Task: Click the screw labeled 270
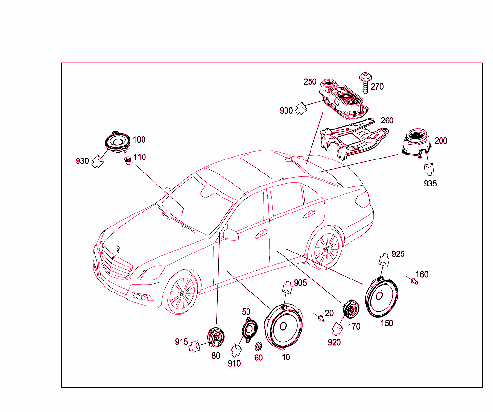365,82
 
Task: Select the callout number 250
310,82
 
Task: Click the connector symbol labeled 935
428,169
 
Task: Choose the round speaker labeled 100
117,142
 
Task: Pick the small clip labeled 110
128,160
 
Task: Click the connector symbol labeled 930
98,161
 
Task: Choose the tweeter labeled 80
216,337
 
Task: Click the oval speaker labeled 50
250,330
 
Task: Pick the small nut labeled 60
259,347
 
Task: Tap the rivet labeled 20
321,318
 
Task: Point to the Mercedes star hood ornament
118,249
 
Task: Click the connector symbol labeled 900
301,108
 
